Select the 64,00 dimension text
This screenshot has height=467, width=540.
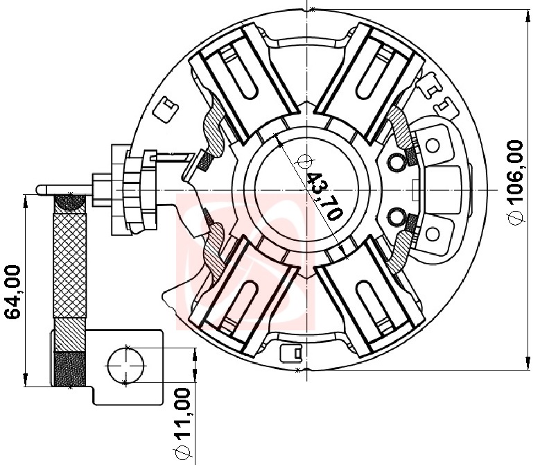pos(12,292)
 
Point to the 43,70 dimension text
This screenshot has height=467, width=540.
pos(324,196)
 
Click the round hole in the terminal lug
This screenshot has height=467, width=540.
pos(125,365)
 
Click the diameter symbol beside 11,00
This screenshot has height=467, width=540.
pos(183,452)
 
